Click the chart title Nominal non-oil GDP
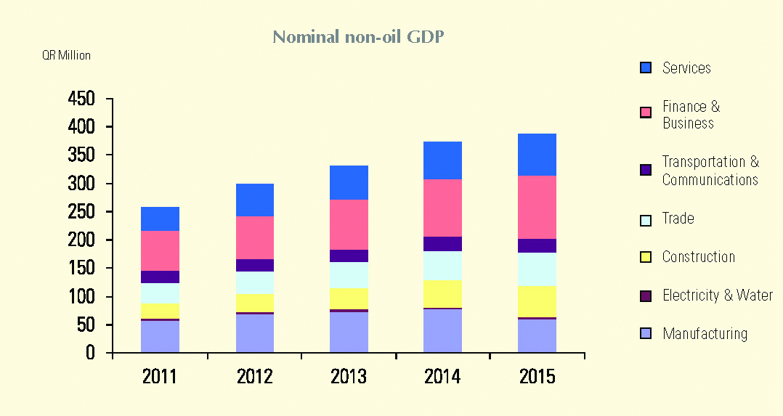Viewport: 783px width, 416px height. tap(357, 37)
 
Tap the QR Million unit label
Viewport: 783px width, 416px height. tap(66, 55)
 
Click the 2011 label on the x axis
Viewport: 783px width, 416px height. tap(160, 377)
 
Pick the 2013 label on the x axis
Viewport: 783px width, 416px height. tap(349, 377)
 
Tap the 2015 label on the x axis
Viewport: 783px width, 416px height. tap(537, 377)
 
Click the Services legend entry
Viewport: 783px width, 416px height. tap(686, 68)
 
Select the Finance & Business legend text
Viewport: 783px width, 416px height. tap(690, 115)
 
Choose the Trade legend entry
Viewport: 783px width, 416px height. tap(678, 219)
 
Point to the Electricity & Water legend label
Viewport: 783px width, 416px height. tap(717, 295)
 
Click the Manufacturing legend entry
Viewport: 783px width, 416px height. tap(704, 334)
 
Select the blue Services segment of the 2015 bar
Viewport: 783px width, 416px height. tap(537, 155)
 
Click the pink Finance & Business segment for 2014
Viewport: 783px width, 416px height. tap(443, 208)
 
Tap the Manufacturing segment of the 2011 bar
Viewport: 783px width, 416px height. tap(160, 337)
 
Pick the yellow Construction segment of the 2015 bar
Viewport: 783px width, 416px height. tap(537, 301)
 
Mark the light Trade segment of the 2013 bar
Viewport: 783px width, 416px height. tap(349, 275)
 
